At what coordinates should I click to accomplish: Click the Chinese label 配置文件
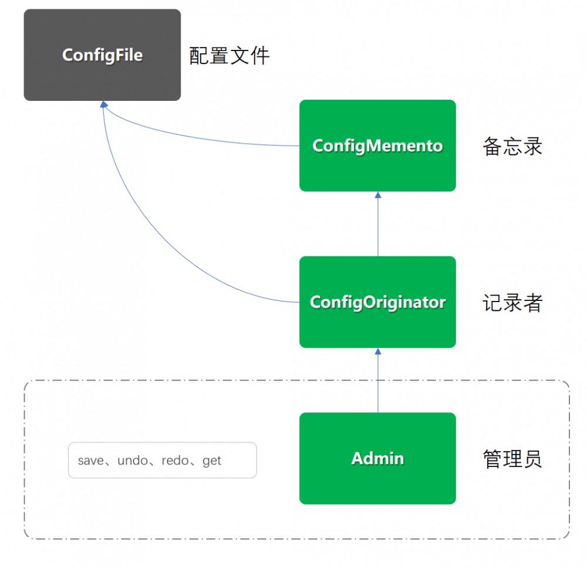tap(229, 56)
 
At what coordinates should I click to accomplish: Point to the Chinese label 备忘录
tap(512, 146)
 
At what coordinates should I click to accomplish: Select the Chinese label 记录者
tap(512, 303)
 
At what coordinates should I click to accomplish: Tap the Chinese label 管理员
tap(512, 459)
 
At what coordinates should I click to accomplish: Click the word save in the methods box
tap(90, 460)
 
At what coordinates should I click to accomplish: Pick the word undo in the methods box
tap(133, 460)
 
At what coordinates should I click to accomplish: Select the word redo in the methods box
tap(176, 460)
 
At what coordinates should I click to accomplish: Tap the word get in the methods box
tap(212, 460)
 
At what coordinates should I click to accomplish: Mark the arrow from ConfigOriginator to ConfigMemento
tap(377, 226)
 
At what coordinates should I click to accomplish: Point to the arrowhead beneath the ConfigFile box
tap(103, 104)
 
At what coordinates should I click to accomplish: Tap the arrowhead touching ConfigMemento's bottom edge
tap(377, 195)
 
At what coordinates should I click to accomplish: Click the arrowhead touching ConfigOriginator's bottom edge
tap(377, 351)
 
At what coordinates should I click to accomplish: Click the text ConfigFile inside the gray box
tap(102, 55)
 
